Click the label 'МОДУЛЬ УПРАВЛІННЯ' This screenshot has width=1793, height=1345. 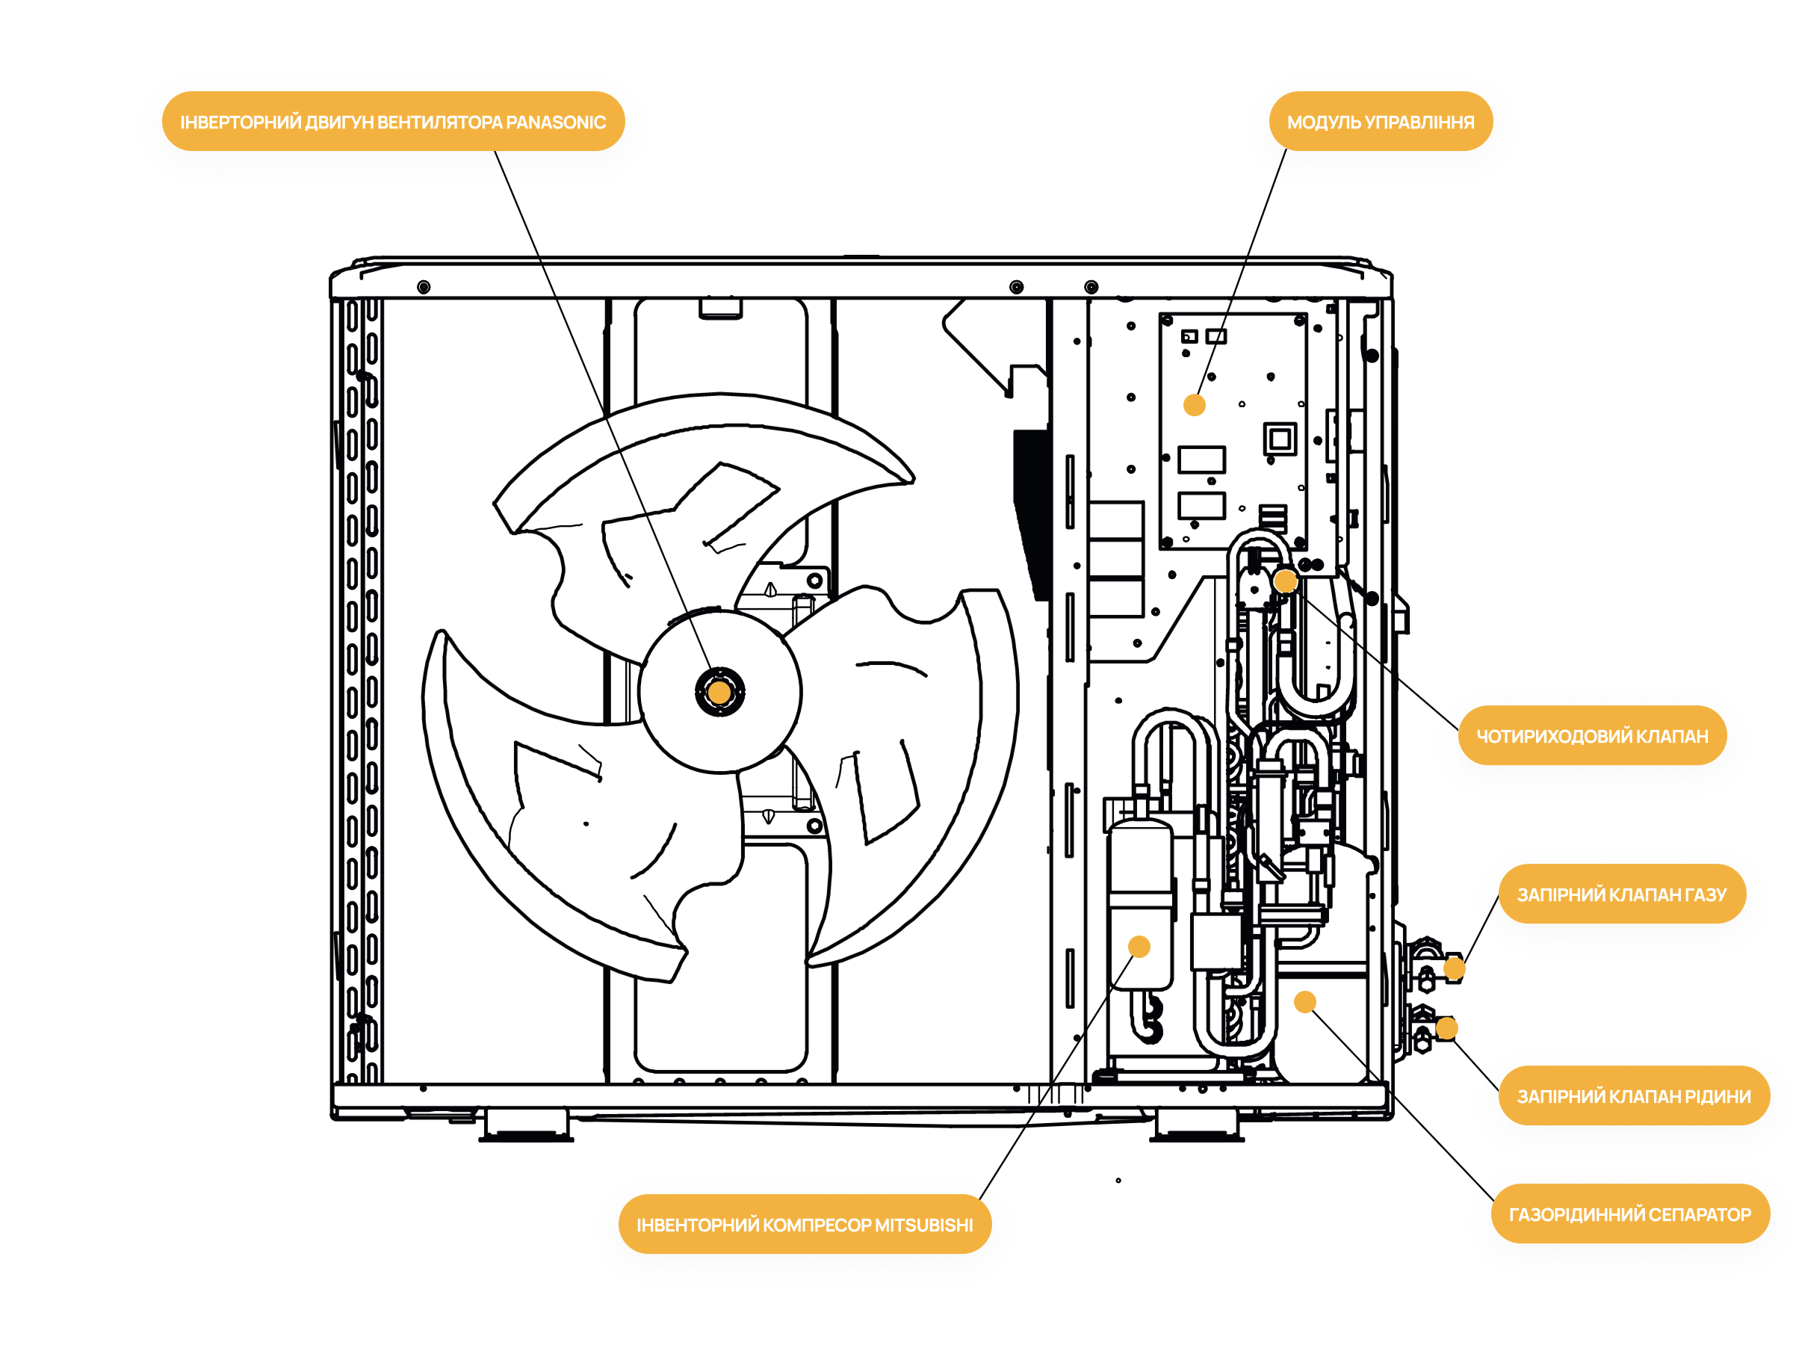click(x=1380, y=122)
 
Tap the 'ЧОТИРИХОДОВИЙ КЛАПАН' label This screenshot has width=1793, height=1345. click(x=1591, y=735)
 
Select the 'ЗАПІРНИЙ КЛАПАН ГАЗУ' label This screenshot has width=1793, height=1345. click(x=1621, y=894)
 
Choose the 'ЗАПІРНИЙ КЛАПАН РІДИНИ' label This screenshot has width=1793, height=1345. click(x=1633, y=1095)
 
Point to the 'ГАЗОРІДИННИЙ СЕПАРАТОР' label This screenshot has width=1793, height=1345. click(x=1629, y=1213)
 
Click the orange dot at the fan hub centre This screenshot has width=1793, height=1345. click(x=719, y=693)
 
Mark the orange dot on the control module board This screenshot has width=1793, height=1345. click(x=1194, y=404)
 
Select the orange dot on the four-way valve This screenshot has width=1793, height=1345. click(x=1286, y=581)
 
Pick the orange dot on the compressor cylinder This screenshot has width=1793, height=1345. click(x=1139, y=946)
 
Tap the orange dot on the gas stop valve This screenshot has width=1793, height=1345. click(x=1454, y=968)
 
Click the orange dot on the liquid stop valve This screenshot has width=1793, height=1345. click(x=1447, y=1028)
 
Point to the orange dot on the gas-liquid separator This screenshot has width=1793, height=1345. click(x=1305, y=1002)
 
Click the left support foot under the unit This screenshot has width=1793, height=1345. click(x=527, y=1125)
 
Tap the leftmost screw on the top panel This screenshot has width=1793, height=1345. click(x=423, y=287)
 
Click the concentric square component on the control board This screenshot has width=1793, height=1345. click(x=1280, y=439)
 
